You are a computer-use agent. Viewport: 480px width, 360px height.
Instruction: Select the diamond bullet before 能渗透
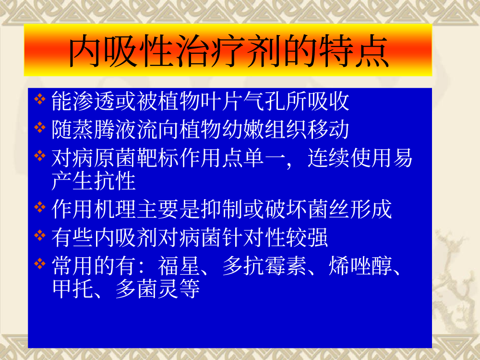click(40, 99)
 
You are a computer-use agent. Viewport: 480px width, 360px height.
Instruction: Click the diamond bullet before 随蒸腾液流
click(40, 127)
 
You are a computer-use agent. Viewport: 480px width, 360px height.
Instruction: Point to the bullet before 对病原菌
click(40, 156)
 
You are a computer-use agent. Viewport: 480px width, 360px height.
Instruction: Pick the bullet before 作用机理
click(40, 207)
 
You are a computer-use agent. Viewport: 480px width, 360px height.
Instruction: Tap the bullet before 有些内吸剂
click(40, 235)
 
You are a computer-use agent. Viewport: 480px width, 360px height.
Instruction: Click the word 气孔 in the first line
click(264, 101)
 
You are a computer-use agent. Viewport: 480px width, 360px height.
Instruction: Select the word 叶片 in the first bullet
click(221, 101)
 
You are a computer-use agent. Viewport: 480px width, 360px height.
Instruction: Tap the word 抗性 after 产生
click(115, 181)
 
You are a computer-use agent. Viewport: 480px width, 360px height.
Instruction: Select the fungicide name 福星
click(179, 266)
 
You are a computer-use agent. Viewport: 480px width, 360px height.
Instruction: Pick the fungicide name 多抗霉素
click(264, 266)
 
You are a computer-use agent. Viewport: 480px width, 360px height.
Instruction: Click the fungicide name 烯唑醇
click(360, 266)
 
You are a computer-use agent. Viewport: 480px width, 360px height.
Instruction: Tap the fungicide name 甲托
click(73, 288)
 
